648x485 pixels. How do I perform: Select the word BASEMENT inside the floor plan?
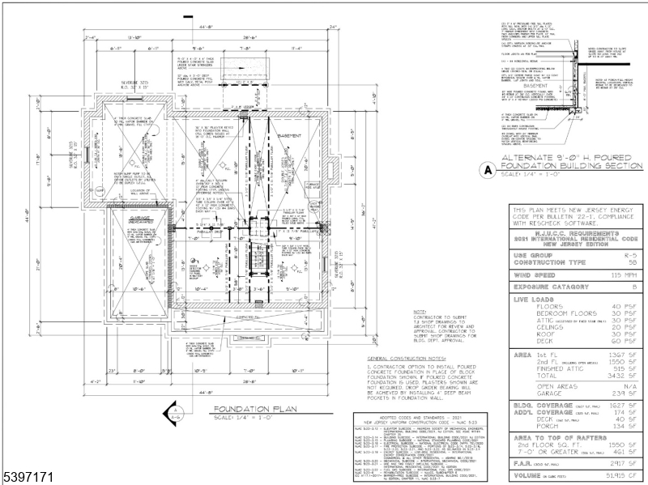290,136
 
